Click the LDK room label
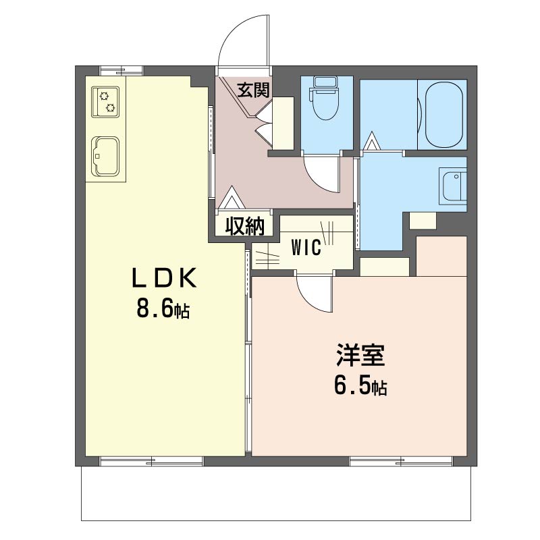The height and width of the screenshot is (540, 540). (164, 278)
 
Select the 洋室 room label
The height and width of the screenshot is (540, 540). (360, 355)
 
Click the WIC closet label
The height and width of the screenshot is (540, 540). (306, 247)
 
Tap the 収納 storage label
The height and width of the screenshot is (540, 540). (244, 226)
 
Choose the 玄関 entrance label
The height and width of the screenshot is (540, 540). (254, 90)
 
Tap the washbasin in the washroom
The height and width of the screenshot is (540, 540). (454, 187)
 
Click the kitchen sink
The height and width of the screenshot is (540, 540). (105, 157)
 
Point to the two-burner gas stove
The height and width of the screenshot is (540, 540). (105, 102)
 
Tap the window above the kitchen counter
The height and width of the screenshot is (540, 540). (122, 71)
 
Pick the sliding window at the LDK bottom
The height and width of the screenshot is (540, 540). (151, 461)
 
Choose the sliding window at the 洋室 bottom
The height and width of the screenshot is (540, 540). (401, 461)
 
